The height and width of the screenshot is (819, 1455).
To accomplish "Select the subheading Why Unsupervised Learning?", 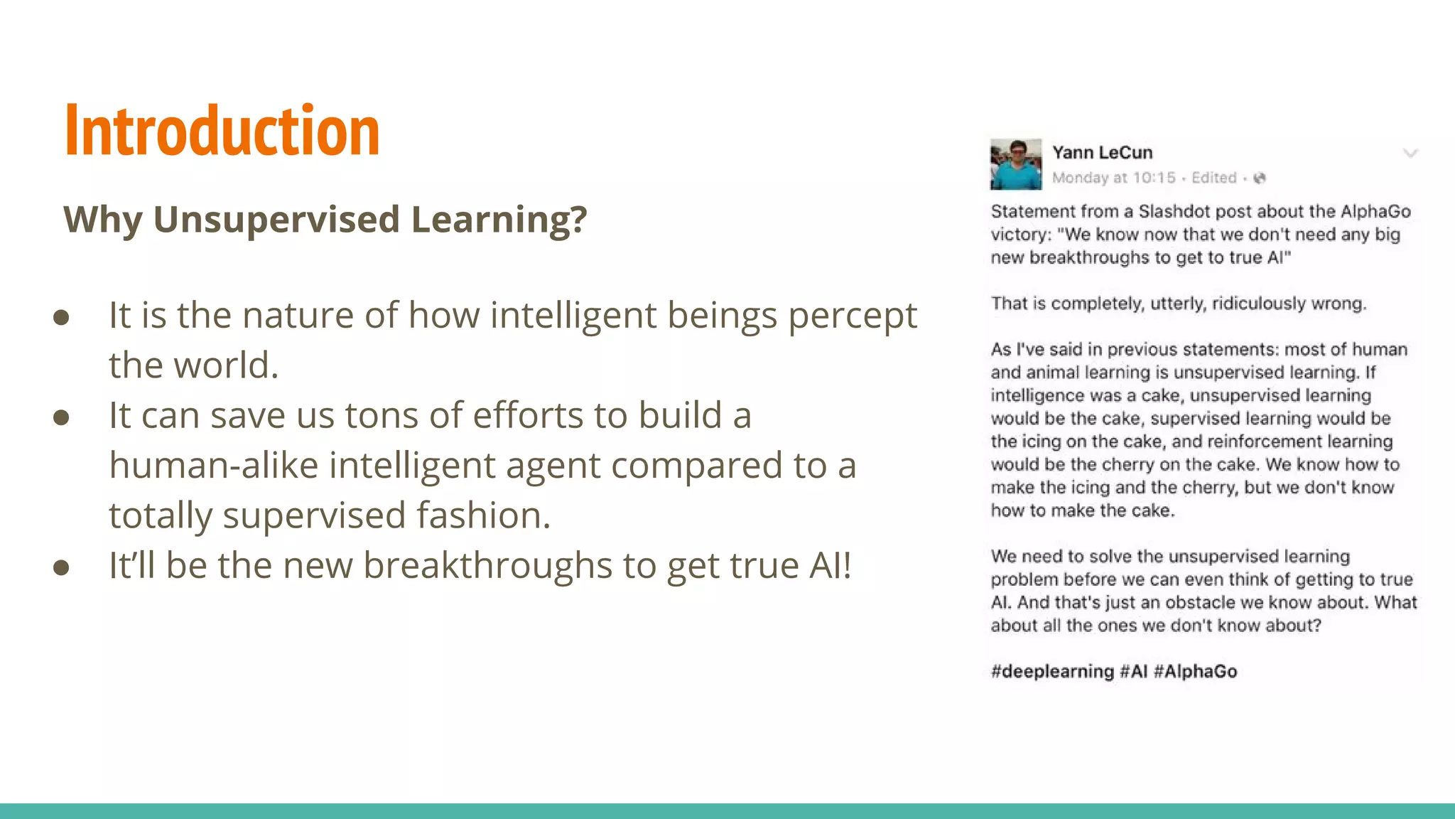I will [x=325, y=219].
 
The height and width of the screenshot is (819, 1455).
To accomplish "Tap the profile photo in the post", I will [x=1016, y=164].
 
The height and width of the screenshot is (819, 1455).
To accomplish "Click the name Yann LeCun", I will [x=1102, y=152].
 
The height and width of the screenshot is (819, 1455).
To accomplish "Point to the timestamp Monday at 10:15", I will [x=1113, y=178].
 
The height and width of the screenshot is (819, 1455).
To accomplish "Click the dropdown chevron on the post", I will [x=1410, y=153].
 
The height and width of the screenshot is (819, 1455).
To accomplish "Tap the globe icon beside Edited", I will [x=1260, y=178].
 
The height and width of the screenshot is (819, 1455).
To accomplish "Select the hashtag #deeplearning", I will [x=1052, y=671].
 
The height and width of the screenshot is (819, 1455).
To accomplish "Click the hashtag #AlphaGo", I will [x=1195, y=671].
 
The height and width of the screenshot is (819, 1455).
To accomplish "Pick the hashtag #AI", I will [x=1134, y=671].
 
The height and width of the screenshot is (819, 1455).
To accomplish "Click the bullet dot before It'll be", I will [x=61, y=567].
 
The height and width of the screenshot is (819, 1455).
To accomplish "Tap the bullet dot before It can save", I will [x=61, y=417].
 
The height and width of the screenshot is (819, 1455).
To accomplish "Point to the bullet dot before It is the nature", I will [x=61, y=317].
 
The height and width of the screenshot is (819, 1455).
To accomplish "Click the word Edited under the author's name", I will [x=1213, y=178].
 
